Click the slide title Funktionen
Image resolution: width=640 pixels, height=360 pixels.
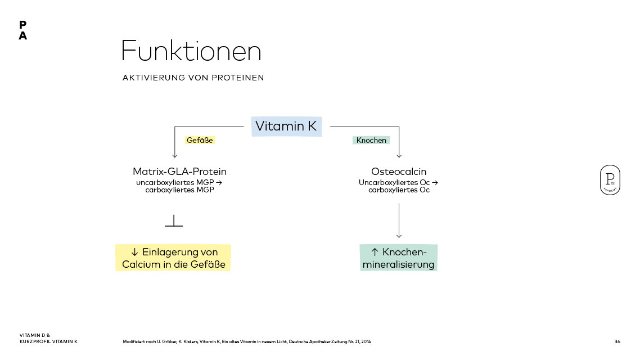[x=191, y=52]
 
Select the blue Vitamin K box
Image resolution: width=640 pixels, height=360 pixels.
[x=286, y=126]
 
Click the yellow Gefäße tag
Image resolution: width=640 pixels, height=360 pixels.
[x=200, y=140]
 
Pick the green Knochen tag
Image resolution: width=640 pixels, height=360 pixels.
[x=371, y=140]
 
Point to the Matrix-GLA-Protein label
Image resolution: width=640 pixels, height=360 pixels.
[x=179, y=172]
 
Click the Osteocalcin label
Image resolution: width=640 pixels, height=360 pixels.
[x=399, y=172]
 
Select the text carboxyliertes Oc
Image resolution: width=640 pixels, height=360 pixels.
[x=399, y=190]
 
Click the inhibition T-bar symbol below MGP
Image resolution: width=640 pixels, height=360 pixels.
[x=174, y=222]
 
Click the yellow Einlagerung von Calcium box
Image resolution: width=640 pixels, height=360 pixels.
[x=173, y=258]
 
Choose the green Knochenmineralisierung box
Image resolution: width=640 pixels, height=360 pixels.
[x=398, y=258]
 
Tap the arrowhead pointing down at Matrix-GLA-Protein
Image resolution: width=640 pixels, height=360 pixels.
[x=175, y=155]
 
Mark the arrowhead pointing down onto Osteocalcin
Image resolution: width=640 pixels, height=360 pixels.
[x=399, y=155]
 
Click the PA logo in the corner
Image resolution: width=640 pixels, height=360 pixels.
[x=22, y=30]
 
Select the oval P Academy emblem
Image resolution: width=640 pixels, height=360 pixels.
[x=610, y=180]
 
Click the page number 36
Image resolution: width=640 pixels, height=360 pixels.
[x=618, y=341]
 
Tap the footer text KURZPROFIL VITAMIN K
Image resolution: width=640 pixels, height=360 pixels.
[x=48, y=341]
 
